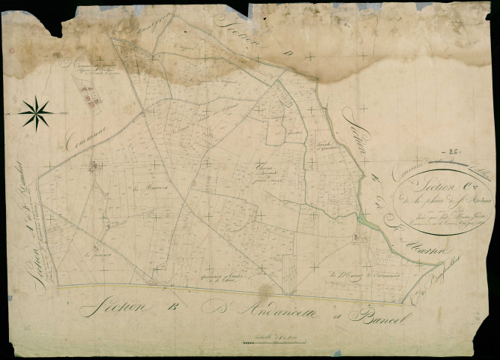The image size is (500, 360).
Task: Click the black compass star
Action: (x=36, y=113)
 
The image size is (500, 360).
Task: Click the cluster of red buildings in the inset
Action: (x=88, y=95)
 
